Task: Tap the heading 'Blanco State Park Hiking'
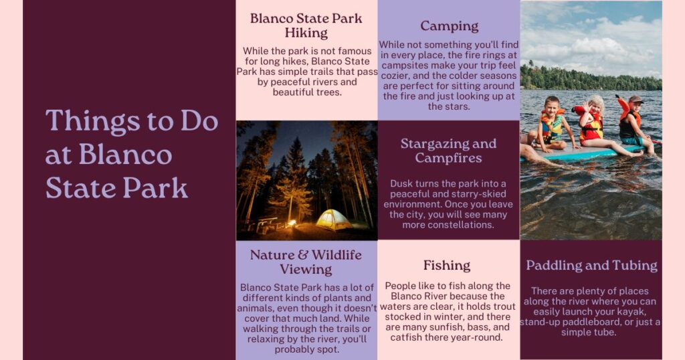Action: tap(306, 25)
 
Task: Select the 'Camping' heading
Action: tap(449, 26)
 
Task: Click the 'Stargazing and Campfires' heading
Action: tap(448, 151)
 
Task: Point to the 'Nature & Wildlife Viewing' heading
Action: tap(306, 262)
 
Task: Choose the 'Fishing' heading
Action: tap(447, 265)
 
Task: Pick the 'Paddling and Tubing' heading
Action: tap(591, 265)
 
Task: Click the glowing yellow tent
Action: tap(333, 219)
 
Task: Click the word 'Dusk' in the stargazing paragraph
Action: tap(403, 183)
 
